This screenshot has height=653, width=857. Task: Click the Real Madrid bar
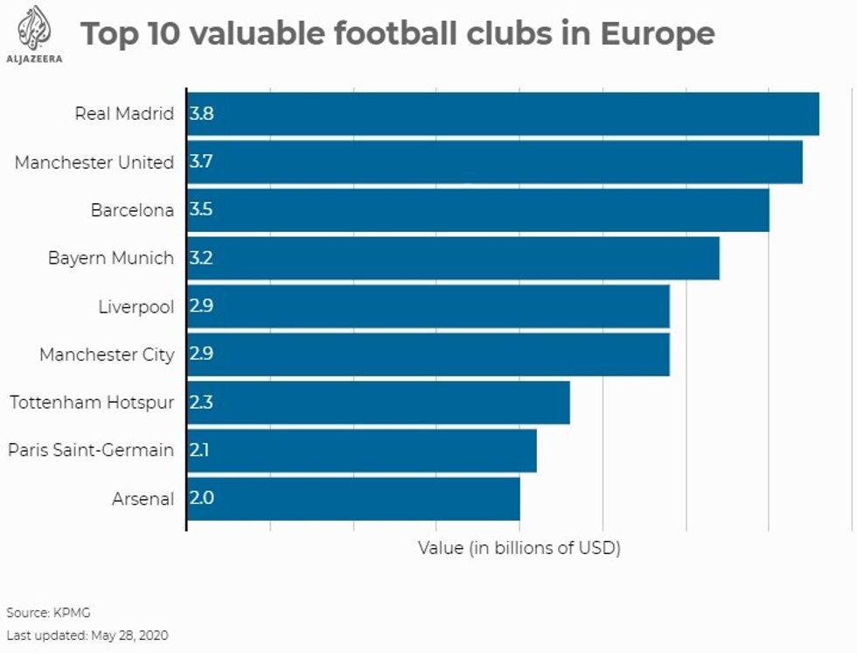[503, 114]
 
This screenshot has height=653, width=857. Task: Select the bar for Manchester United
[494, 162]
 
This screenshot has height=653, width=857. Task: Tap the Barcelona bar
[477, 210]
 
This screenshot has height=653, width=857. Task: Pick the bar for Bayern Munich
[453, 258]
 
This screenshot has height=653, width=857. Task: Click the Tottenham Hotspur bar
[378, 403]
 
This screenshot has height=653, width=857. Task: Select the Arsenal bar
[353, 499]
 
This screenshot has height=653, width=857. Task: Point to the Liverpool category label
[136, 307]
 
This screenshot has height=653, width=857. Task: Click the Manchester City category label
[107, 355]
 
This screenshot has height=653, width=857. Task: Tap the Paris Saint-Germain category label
[91, 451]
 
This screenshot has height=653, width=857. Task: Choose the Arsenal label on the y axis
[143, 499]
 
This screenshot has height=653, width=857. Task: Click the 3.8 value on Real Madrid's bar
[201, 114]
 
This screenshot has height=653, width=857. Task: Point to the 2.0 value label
[201, 499]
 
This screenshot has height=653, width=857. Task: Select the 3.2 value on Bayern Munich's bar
[201, 258]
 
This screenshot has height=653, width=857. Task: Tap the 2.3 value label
[201, 403]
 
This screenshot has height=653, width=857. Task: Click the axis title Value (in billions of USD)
[519, 548]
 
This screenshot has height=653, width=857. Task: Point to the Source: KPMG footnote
[48, 613]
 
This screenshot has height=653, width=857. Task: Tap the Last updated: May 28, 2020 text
[87, 635]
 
